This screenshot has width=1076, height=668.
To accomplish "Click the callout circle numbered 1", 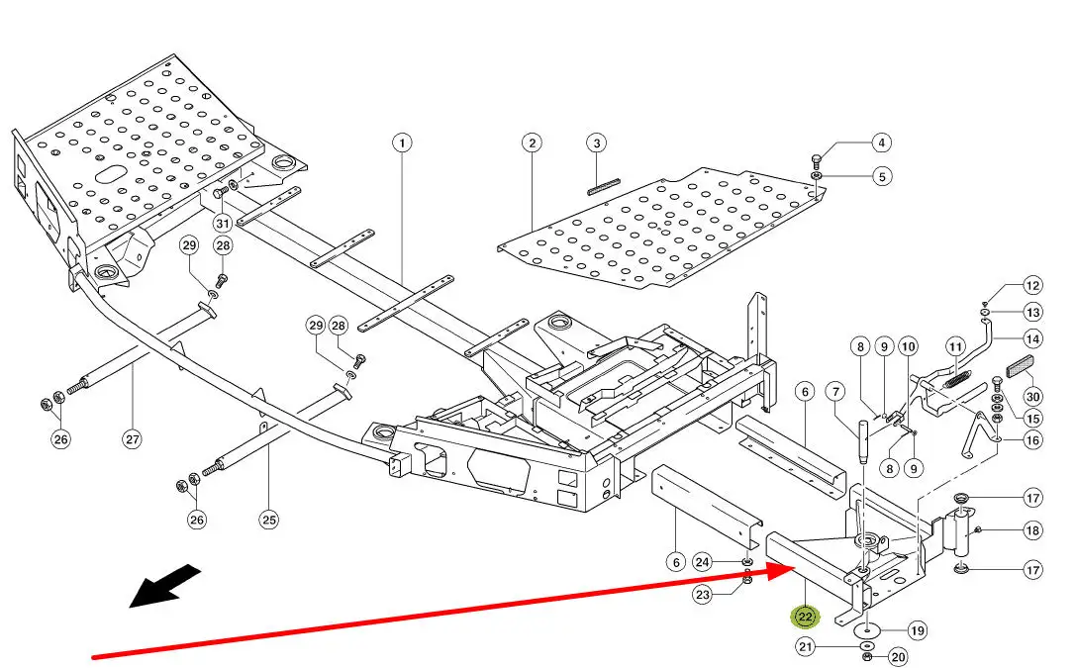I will click(x=401, y=143).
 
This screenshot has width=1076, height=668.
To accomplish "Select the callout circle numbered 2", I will click(x=533, y=143).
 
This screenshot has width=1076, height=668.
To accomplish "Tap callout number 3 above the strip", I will click(x=597, y=143).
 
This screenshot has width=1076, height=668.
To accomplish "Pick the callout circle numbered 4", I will click(x=882, y=143).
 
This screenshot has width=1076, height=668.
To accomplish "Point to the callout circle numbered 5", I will click(x=882, y=177).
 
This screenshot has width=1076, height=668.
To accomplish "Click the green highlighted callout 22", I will click(x=805, y=617).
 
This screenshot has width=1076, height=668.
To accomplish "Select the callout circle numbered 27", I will click(x=133, y=439).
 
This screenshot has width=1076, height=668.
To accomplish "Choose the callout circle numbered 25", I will click(x=269, y=517).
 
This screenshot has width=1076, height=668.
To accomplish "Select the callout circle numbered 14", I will click(x=1032, y=338).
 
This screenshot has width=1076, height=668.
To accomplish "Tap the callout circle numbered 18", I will click(x=1032, y=531).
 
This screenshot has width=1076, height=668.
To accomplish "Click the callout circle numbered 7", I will click(x=836, y=393).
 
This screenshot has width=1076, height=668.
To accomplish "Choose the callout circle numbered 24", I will click(x=702, y=562).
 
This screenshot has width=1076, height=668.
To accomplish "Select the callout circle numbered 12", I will click(x=1032, y=286).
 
